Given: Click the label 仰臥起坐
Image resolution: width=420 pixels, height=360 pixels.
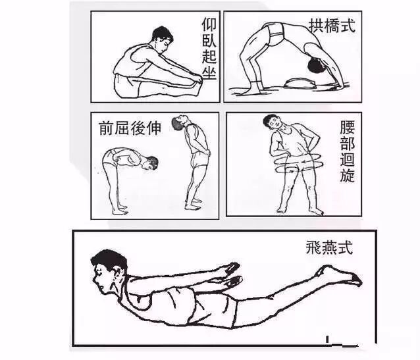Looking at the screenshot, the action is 209,49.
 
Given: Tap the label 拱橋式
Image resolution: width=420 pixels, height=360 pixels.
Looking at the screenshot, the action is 332,26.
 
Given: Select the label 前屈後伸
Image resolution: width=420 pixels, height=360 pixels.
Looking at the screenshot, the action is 130,128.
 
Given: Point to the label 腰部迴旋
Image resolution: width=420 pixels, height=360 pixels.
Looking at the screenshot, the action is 348,151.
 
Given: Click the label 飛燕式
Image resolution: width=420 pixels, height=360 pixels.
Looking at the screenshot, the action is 329,247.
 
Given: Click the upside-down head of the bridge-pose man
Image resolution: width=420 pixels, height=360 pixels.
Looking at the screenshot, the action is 317,64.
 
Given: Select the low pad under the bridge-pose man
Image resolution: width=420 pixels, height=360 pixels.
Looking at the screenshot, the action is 299,84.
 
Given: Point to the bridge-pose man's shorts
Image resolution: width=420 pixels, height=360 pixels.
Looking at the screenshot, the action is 275,32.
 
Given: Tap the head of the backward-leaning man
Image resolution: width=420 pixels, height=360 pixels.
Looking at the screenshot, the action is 178,122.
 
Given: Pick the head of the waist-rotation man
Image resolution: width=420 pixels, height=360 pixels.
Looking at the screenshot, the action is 273,122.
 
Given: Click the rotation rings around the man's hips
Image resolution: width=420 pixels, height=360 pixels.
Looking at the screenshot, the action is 298,163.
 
